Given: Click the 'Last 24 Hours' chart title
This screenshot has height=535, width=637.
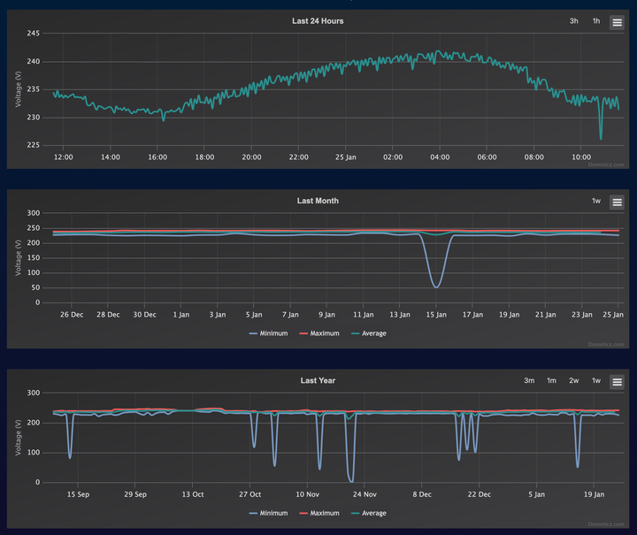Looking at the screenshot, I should [x=318, y=20].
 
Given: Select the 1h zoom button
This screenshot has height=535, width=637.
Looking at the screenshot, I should [x=596, y=21].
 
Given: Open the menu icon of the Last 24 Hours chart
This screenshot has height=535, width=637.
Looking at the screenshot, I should [x=617, y=22].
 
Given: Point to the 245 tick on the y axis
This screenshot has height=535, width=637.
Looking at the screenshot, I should [x=34, y=34].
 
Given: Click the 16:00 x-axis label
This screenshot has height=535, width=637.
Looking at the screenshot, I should [x=157, y=157].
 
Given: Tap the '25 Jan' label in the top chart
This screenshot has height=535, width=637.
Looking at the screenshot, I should [x=346, y=157].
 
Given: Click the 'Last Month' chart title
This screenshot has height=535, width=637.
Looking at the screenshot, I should [x=318, y=201].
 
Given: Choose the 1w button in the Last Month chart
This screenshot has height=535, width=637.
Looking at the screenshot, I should [x=596, y=202].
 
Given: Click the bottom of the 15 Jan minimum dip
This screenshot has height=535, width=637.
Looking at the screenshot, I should [x=436, y=287].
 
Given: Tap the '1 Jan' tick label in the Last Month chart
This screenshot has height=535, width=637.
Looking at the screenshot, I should [x=181, y=314].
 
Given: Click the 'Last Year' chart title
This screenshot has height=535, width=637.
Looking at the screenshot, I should [x=318, y=380].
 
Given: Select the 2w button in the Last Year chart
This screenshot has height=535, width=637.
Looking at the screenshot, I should [x=574, y=381].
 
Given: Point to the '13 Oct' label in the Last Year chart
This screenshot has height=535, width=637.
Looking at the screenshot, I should [x=193, y=494].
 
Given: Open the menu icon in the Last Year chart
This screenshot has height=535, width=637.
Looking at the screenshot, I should [x=617, y=382].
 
